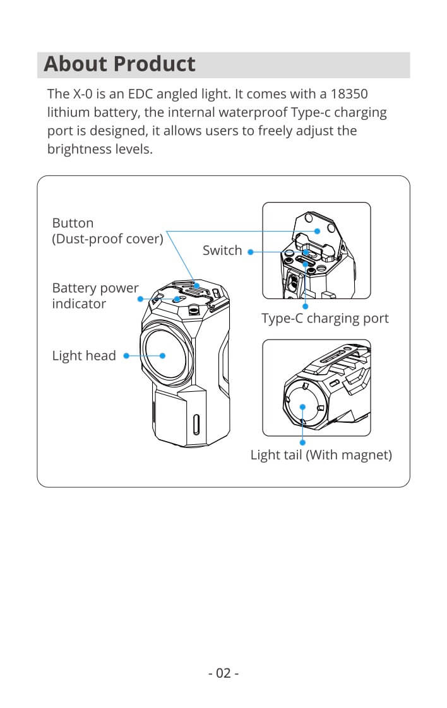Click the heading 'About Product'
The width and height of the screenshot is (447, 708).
[120, 64]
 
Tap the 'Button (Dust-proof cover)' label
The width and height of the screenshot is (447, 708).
[107, 231]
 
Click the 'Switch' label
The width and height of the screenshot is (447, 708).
[222, 251]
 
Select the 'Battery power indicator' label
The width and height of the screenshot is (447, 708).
[95, 295]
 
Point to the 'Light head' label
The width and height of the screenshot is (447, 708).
[84, 356]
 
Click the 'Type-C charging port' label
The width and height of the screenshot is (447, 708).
[325, 319]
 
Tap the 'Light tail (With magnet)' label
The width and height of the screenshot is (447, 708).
[321, 455]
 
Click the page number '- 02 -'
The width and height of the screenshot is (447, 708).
[223, 673]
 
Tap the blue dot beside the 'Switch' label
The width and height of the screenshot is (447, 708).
[250, 252]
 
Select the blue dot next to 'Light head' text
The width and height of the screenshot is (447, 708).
[126, 356]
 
